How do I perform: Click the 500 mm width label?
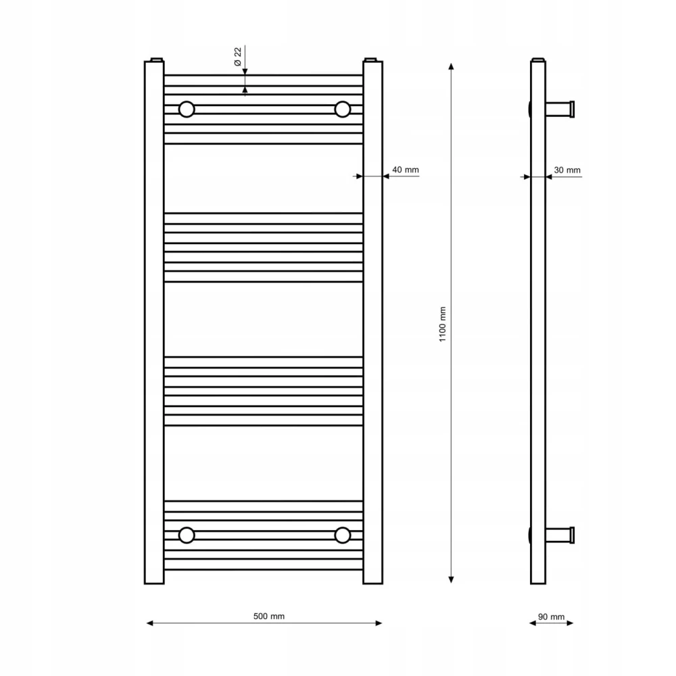(x=268, y=616)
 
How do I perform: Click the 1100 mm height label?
(x=442, y=324)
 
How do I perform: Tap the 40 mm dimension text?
(x=405, y=170)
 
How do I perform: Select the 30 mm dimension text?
(x=567, y=170)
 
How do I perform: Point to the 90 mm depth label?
(x=551, y=617)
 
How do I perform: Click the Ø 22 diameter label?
(x=237, y=57)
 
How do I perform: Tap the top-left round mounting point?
(x=187, y=109)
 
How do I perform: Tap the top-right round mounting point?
(x=342, y=109)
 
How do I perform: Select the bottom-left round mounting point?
(x=187, y=535)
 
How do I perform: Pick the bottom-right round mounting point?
(x=342, y=535)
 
